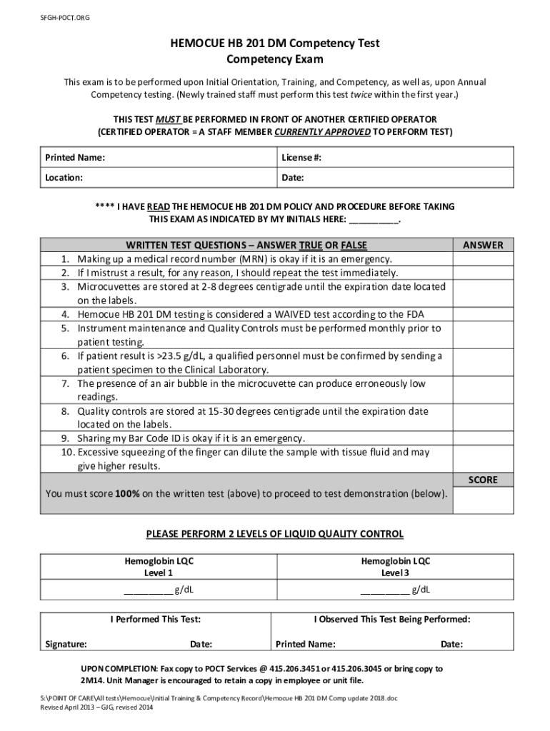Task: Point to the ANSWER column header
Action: click(x=483, y=245)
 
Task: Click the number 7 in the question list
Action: click(x=64, y=384)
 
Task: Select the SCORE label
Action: click(x=483, y=480)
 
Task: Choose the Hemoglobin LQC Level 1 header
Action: click(x=159, y=567)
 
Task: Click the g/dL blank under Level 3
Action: click(x=385, y=590)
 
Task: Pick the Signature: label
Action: click(x=66, y=644)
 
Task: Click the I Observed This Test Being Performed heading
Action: click(x=392, y=620)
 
